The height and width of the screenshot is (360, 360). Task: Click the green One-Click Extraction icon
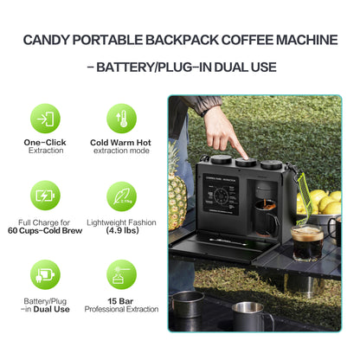[45, 119]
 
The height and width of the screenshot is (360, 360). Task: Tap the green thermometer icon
[121, 119]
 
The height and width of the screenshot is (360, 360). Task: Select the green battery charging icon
[45, 196]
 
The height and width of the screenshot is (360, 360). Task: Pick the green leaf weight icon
[121, 196]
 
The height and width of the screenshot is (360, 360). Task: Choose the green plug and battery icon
[45, 273]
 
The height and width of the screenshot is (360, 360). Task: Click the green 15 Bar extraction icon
[121, 273]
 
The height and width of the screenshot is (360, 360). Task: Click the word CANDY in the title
[48, 40]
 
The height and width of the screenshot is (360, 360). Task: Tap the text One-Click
[45, 142]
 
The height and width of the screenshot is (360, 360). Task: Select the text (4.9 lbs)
[121, 231]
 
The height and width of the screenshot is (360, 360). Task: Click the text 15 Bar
[121, 299]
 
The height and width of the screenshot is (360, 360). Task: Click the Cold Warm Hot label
[121, 142]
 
